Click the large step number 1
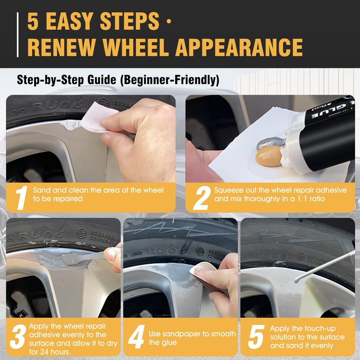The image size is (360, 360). coord(21,198)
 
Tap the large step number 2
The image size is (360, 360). coord(202,198)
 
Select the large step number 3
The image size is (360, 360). coord(18,337)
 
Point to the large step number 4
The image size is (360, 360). coord(136,337)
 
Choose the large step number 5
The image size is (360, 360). coord(256,337)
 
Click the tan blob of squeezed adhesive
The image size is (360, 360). coord(269,156)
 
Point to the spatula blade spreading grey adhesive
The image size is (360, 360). coord(72,259)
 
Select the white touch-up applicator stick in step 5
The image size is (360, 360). coord(324,266)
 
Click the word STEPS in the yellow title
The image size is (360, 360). coord(130,21)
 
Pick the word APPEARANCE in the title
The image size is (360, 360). coord(239,47)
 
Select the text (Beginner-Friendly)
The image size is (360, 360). coord(170,80)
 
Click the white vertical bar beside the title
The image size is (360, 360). coord(18,35)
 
